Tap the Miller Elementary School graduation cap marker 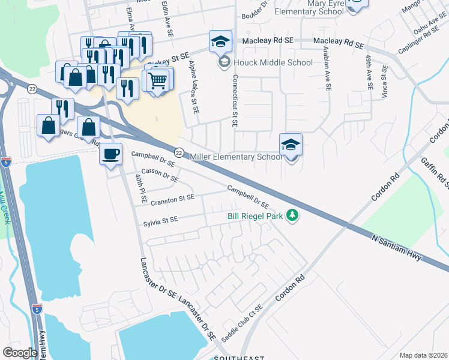coord(291,145)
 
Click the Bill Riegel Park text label coord(255,216)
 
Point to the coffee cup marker coord(110,154)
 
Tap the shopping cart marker coord(158,80)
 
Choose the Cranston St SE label coord(172,197)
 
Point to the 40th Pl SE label coord(141,185)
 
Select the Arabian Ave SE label coord(327,68)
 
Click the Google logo coord(20,353)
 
